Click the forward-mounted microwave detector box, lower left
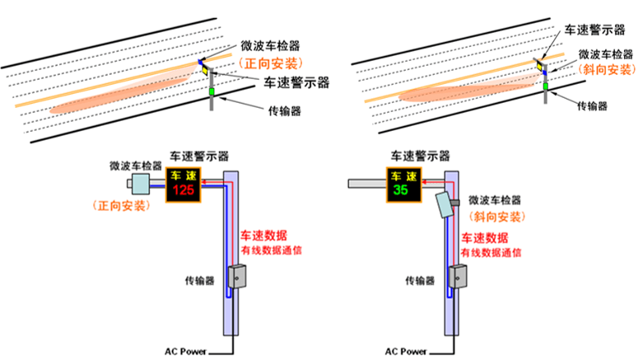click(137, 184)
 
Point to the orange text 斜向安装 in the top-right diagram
click(606, 69)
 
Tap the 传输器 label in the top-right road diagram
click(592, 106)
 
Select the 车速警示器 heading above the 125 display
click(198, 155)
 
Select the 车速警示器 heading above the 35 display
click(420, 155)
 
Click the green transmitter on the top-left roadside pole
click(211, 91)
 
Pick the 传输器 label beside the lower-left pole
click(200, 281)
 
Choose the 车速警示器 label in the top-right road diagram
click(595, 30)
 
